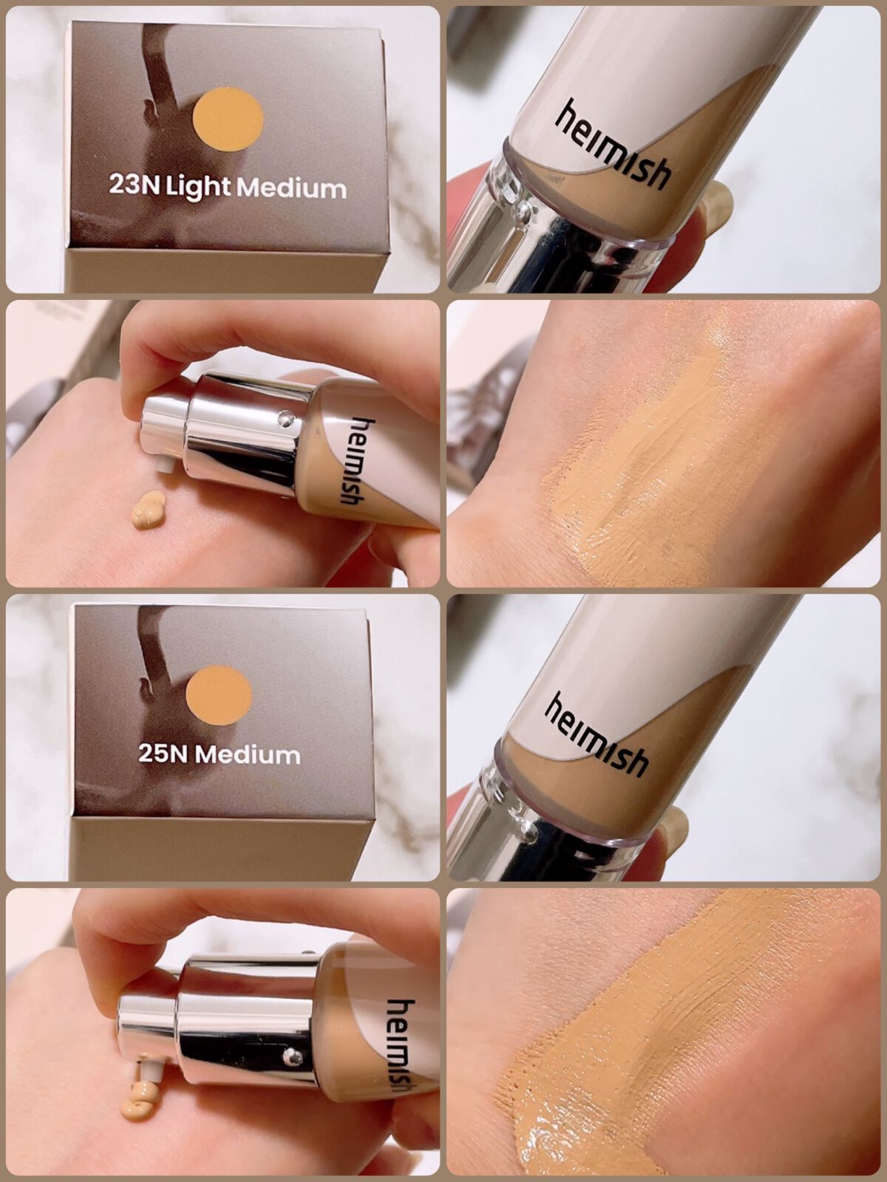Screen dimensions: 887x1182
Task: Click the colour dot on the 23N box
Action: pyautogui.click(x=228, y=119)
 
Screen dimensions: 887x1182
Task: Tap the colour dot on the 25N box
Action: pyautogui.click(x=219, y=698)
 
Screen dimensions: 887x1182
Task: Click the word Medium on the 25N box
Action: pyautogui.click(x=247, y=754)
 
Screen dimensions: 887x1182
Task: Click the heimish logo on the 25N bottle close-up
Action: pyautogui.click(x=597, y=734)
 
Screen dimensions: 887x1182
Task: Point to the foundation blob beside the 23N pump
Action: pyautogui.click(x=148, y=510)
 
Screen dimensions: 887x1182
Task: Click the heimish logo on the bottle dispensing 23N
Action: pyautogui.click(x=354, y=461)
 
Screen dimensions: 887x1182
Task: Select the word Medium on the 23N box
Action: pyautogui.click(x=291, y=188)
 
